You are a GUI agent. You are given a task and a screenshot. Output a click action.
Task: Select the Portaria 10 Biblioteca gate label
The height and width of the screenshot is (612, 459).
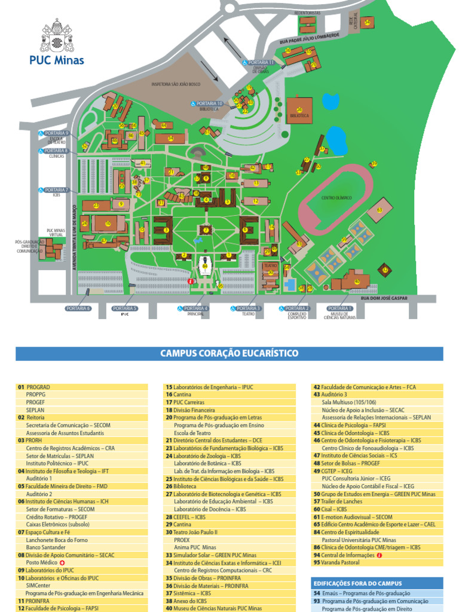coord(209,103)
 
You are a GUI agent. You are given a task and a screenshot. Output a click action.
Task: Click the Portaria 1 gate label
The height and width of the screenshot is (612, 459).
coord(339,308)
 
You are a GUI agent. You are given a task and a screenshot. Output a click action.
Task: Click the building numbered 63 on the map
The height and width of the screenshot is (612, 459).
coord(379,210)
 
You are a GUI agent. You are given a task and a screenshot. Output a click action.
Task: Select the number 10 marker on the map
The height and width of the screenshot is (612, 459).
coord(108,224)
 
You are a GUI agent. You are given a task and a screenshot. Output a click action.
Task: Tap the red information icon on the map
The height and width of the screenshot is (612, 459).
coord(191,281)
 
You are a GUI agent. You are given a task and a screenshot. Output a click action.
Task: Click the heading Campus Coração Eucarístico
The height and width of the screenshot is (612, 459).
coord(229,353)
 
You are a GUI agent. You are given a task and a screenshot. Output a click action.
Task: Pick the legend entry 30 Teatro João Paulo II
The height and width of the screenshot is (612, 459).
coord(192,532)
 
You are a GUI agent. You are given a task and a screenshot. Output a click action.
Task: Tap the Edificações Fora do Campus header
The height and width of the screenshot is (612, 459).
coord(357,583)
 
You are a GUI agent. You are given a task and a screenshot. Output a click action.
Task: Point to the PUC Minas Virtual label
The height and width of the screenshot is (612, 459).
coord(56,232)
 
